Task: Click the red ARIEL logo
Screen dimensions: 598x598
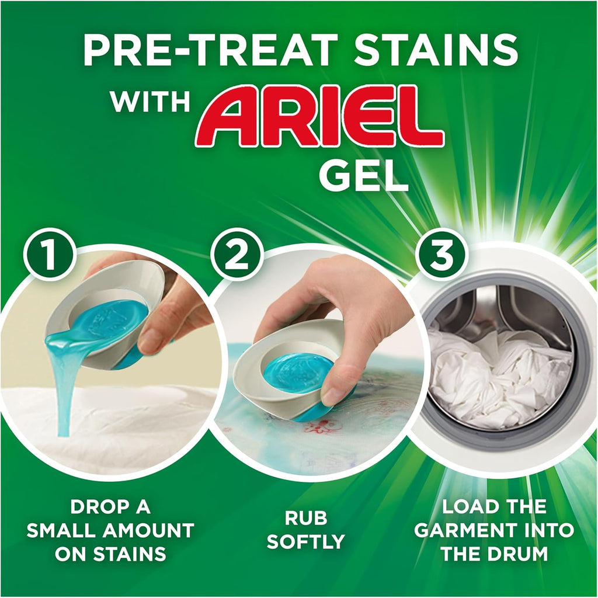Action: click(319, 117)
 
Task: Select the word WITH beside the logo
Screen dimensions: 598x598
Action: click(150, 103)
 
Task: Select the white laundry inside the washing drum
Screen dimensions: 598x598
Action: click(496, 374)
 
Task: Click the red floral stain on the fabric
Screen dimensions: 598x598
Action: click(323, 426)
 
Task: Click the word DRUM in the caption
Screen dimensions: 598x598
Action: click(519, 554)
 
